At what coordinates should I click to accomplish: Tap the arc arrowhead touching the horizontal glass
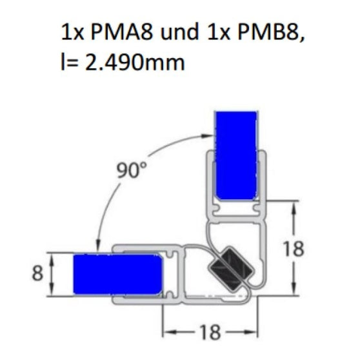tap(97, 246)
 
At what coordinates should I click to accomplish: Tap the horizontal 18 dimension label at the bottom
tap(205, 333)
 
